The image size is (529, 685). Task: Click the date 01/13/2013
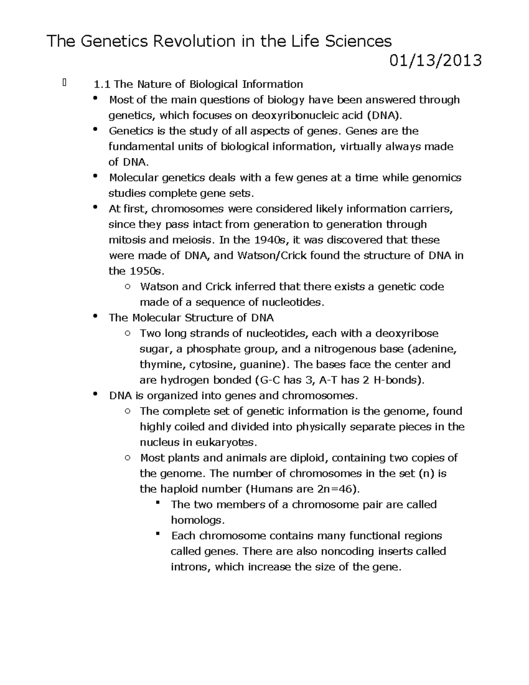pyautogui.click(x=435, y=60)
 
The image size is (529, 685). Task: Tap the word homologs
pyautogui.click(x=197, y=520)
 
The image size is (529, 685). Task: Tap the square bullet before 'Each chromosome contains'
pyautogui.click(x=157, y=534)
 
